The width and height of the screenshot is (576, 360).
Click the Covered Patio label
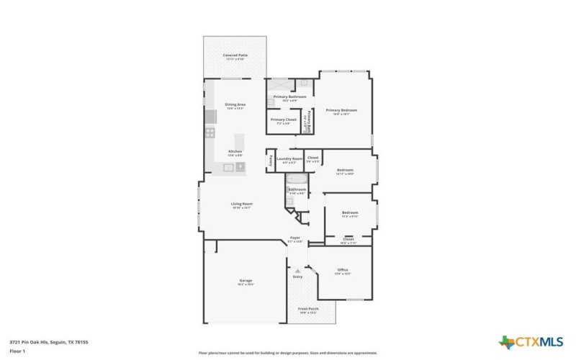[x=235, y=55]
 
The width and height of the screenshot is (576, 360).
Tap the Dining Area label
[x=235, y=104]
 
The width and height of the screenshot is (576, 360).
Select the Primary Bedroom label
[x=341, y=111]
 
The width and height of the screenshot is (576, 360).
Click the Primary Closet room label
[x=283, y=120]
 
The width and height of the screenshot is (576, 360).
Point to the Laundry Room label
[x=289, y=158]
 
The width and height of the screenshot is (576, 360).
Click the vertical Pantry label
[x=270, y=160]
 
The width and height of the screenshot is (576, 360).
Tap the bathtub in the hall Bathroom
[x=296, y=179]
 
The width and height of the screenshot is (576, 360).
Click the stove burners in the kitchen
[x=210, y=132]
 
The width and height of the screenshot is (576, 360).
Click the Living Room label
[x=241, y=204]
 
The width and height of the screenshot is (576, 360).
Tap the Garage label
[x=246, y=281]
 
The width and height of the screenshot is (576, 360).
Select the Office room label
[x=343, y=271]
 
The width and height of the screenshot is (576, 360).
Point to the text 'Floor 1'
[x=18, y=351]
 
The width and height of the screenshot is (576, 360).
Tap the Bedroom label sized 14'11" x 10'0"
[x=345, y=171]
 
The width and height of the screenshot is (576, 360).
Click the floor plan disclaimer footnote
[x=287, y=353]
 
